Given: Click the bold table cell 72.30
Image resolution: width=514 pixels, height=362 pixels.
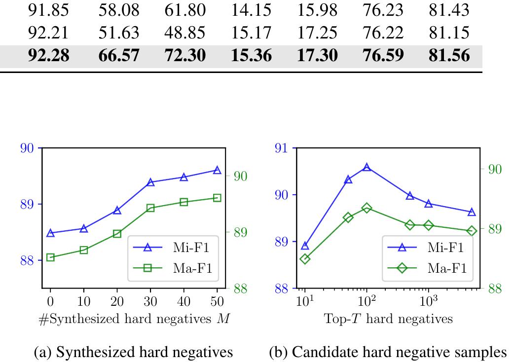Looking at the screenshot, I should (x=185, y=55).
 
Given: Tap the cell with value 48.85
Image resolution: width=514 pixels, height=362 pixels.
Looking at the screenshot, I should (x=185, y=32).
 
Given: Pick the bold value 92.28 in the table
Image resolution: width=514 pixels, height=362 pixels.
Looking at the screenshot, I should (x=49, y=55).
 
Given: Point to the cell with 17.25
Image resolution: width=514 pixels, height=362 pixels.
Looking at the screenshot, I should (x=317, y=32).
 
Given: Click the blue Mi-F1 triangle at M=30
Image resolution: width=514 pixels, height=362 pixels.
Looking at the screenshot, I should (x=150, y=182).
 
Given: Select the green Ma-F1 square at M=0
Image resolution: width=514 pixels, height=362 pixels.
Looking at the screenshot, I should (x=50, y=257).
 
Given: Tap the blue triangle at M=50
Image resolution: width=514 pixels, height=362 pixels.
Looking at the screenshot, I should (x=217, y=170).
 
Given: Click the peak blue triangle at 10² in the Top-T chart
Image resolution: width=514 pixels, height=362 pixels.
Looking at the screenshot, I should (x=367, y=167).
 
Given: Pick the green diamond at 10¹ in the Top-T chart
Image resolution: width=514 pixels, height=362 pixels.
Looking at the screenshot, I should (x=305, y=259).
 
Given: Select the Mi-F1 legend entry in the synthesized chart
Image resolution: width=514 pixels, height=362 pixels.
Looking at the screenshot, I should (x=174, y=248).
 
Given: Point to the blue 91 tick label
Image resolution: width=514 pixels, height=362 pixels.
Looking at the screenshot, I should (x=282, y=148).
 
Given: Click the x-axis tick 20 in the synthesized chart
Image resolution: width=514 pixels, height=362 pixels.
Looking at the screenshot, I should (x=117, y=301).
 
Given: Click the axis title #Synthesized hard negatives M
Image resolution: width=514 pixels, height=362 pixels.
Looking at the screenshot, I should (x=134, y=319).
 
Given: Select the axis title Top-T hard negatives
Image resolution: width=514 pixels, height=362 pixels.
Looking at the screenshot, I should (x=388, y=319).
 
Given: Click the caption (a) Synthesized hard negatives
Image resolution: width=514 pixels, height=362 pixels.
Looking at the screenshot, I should (x=133, y=352).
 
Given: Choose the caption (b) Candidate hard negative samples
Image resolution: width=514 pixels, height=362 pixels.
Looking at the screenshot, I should (x=388, y=352).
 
